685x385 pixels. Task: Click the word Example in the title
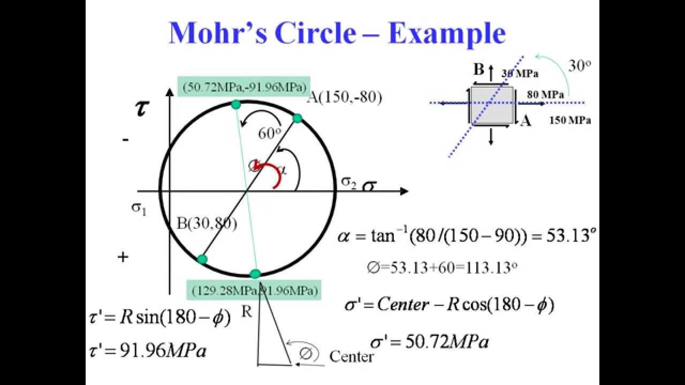(x=447, y=33)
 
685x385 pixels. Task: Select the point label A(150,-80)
(x=345, y=98)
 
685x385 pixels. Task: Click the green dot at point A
(x=298, y=118)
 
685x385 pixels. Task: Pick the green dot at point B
(x=202, y=259)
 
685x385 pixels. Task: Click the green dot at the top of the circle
(x=235, y=105)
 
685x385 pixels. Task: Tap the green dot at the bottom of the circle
(x=255, y=274)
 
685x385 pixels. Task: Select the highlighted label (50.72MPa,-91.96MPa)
(x=245, y=86)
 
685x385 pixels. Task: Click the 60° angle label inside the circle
(x=270, y=134)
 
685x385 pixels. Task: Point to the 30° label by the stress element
(x=580, y=66)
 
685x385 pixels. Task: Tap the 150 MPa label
(x=570, y=120)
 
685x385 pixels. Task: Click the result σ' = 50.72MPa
(x=429, y=341)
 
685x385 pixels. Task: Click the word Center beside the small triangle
(x=352, y=356)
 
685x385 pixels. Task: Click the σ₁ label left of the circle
(x=139, y=208)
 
